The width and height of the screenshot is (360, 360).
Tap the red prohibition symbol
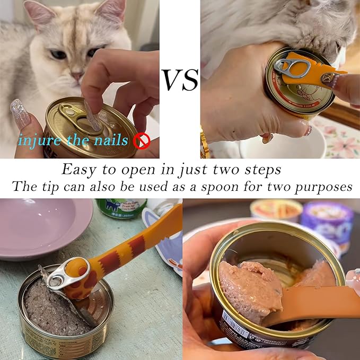[x=142, y=141]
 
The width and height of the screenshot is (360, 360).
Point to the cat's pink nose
[x=77, y=75]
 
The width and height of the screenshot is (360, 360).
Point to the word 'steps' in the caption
[x=263, y=170]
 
